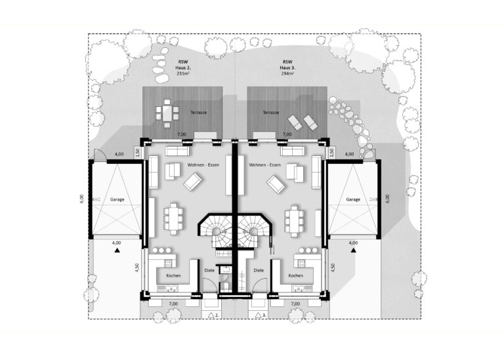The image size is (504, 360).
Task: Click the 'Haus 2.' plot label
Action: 183,68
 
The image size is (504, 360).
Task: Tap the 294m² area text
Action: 287,73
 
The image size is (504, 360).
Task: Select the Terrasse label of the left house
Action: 199,113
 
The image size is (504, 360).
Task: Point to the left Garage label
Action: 117,199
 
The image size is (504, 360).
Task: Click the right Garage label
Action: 353,199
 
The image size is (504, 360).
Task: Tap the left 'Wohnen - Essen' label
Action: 203,165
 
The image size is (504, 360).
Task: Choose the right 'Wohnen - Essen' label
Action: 265,165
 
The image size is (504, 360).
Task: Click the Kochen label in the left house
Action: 173,276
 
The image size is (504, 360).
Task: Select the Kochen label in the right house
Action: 296,276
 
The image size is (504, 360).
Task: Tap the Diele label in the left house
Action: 209,270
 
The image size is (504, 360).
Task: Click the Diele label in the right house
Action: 259,270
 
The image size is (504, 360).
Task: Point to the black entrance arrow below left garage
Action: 117,251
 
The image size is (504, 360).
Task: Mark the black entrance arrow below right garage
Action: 354,250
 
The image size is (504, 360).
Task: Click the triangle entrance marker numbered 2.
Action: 211,315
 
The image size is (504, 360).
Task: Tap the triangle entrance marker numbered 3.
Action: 258,315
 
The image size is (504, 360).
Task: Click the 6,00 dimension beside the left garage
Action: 81,199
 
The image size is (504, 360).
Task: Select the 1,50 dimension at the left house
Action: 137,152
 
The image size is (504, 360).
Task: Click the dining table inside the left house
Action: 173,219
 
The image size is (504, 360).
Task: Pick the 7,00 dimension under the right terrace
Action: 287,134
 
